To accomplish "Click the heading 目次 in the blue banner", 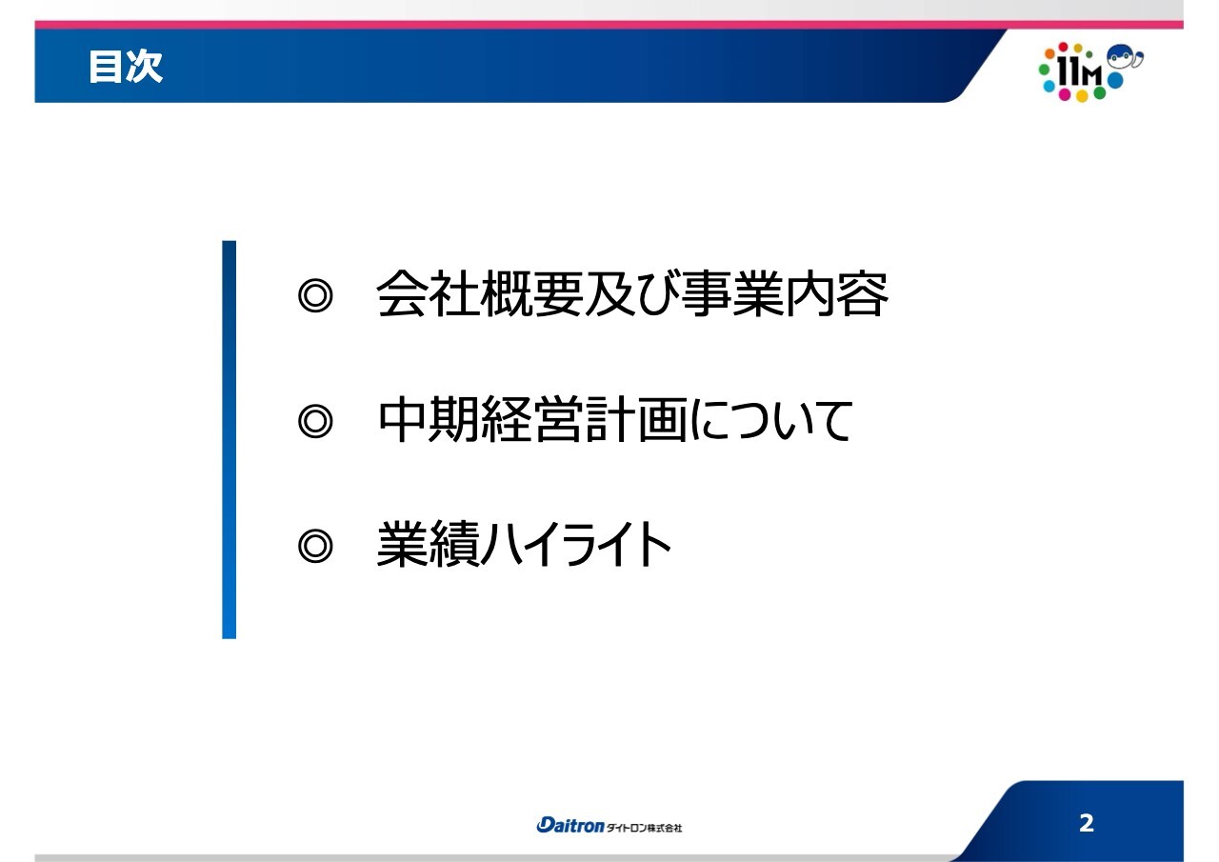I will coord(126,68).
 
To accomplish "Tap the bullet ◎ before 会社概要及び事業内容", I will coord(315,295).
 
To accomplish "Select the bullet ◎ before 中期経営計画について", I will coord(315,421).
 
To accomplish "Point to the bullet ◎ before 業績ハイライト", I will coord(315,546).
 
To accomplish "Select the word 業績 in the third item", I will coord(426,546).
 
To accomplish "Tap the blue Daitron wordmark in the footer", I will coord(570,826).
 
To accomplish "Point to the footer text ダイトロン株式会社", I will coord(645,827).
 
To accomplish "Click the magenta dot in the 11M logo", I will coord(1065,96).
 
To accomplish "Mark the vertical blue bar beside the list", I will coord(229,439).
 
